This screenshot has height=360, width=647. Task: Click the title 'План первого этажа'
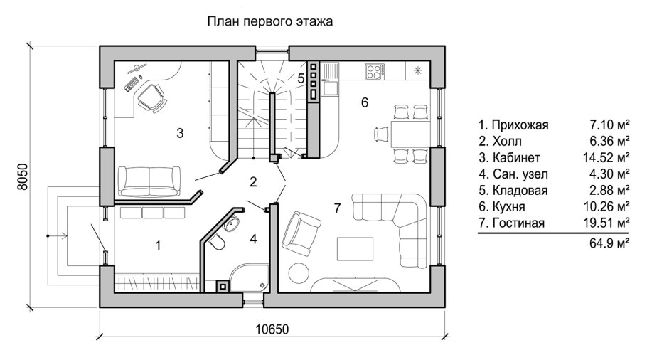click(269, 22)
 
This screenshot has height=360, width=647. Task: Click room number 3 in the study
click(180, 132)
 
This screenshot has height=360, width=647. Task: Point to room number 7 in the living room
click(338, 208)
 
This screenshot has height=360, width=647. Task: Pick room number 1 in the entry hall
click(158, 245)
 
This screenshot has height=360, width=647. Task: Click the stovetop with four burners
click(375, 71)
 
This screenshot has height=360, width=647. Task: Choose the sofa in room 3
click(149, 181)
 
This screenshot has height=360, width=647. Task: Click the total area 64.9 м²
click(612, 244)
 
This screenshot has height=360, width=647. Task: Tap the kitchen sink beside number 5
click(331, 88)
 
